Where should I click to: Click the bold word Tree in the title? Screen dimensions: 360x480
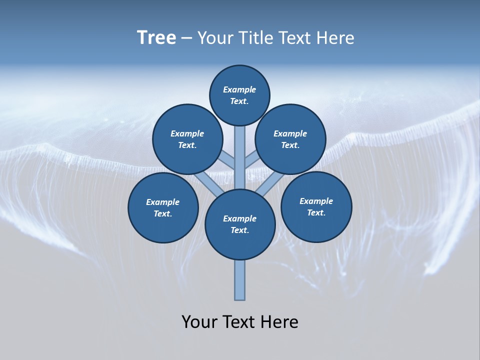pos(156,38)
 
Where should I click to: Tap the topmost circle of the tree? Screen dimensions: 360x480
pos(239,95)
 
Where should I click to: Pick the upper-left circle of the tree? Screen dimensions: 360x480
pos(187,139)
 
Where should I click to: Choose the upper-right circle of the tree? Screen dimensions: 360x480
pos(290,139)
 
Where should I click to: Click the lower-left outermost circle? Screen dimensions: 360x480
pos(163,207)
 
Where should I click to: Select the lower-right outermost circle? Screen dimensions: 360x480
pos(316,206)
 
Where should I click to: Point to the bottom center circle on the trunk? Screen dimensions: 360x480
pos(240,224)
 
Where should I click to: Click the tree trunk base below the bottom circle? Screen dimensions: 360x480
pos(240,280)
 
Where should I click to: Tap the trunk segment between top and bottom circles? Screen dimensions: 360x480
pos(240,157)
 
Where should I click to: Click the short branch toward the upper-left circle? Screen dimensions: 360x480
pos(227,160)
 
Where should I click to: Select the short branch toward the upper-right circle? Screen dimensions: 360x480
pos(252,160)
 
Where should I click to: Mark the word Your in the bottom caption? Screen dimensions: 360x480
pos(200,322)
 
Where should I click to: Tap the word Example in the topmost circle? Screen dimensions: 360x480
pos(239,89)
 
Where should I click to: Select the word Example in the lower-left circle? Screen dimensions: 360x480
pos(163,202)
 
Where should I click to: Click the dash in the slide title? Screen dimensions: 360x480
pos(186,38)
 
